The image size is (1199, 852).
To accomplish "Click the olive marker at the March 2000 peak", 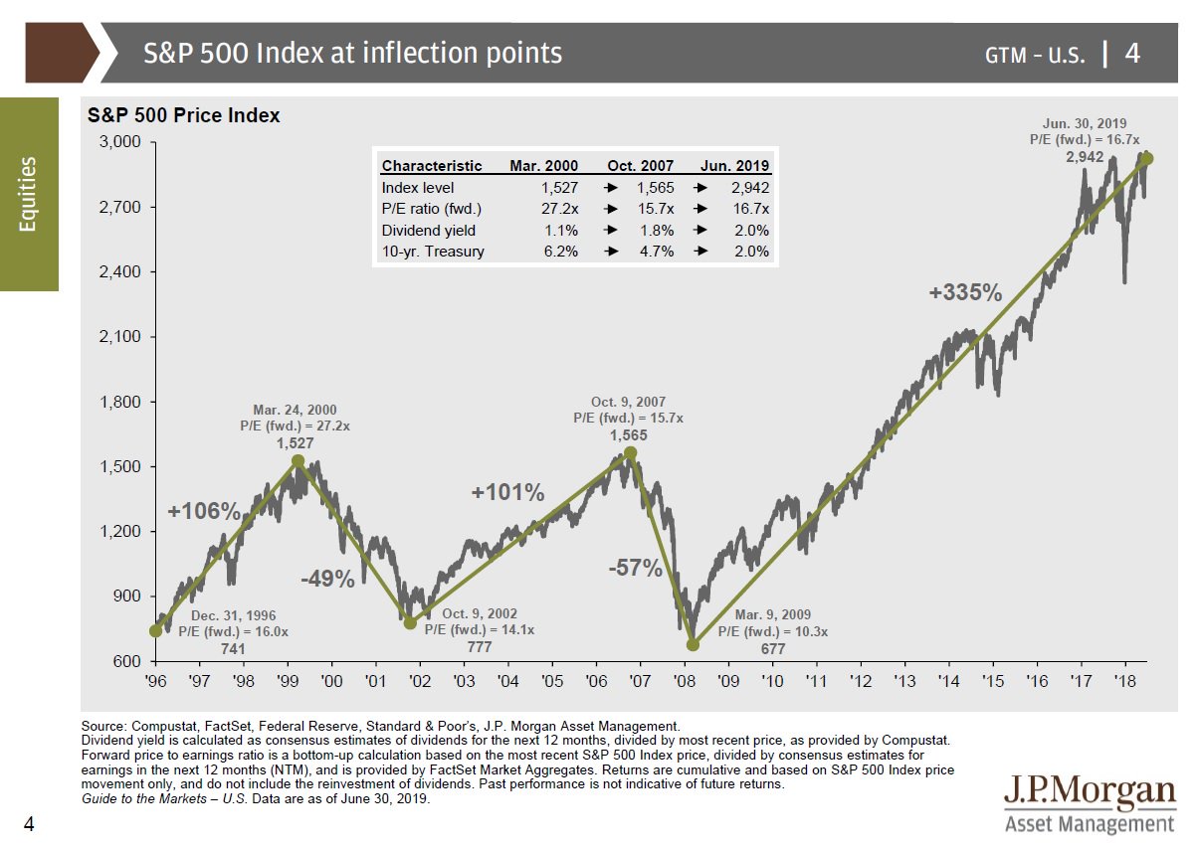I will (x=298, y=461).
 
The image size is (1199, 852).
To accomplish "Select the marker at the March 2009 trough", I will (x=693, y=644).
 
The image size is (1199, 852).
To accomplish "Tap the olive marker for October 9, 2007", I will (x=630, y=453).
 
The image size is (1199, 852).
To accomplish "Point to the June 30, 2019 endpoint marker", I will (x=1146, y=159).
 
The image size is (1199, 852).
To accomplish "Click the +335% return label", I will (x=964, y=292).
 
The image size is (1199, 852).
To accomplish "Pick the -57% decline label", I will (x=635, y=569).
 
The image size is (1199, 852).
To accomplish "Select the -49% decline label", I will (x=327, y=580).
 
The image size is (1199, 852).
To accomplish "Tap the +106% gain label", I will (x=203, y=512).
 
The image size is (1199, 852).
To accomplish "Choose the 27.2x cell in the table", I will (x=542, y=208).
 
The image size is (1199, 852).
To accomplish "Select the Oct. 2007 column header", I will (x=640, y=166).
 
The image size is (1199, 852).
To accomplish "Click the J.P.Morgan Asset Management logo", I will (x=1089, y=803).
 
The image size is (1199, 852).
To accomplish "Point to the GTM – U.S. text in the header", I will (x=1034, y=54).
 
